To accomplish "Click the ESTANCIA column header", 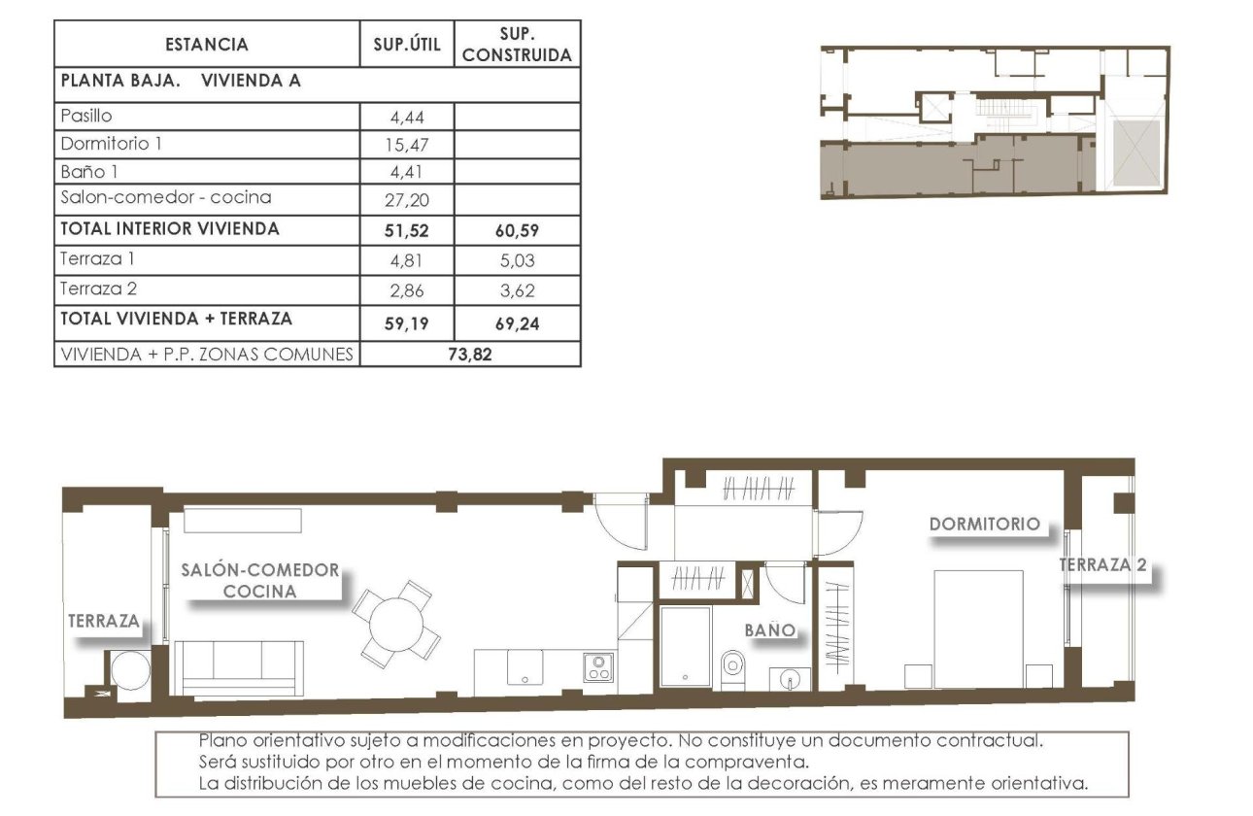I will pyautogui.click(x=207, y=45).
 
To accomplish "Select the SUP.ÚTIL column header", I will pyautogui.click(x=407, y=45).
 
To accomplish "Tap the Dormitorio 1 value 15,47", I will pyautogui.click(x=407, y=145).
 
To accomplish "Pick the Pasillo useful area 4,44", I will pyautogui.click(x=407, y=118).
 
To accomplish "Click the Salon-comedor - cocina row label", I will pyautogui.click(x=166, y=197).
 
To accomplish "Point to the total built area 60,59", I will pyautogui.click(x=516, y=231).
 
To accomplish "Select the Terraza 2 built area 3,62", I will pyautogui.click(x=516, y=289).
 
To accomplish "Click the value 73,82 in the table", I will pyautogui.click(x=469, y=355).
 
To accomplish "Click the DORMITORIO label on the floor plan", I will pyautogui.click(x=984, y=524).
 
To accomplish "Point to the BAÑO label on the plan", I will pyautogui.click(x=770, y=630).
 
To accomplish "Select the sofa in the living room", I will pyautogui.click(x=238, y=667).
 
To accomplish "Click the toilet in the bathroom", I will pyautogui.click(x=732, y=665).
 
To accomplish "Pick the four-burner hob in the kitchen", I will pyautogui.click(x=597, y=667).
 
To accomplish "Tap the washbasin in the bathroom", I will pyautogui.click(x=790, y=677).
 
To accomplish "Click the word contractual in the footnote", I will pyautogui.click(x=995, y=740).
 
